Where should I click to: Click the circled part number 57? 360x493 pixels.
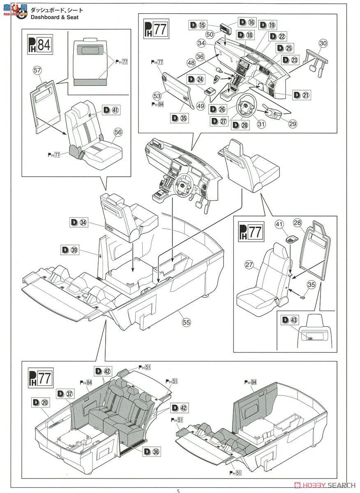(x=38, y=70)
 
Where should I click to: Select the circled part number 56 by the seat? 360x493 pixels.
(x=118, y=132)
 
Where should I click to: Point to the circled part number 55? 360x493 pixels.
(x=187, y=323)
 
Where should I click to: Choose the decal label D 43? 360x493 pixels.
(x=290, y=320)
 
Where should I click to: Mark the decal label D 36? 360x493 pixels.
(x=152, y=451)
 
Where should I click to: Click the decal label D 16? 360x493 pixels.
(x=246, y=22)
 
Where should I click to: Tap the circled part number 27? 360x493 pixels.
(x=249, y=265)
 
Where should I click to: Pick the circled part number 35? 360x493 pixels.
(x=311, y=284)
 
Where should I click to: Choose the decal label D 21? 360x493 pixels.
(x=301, y=95)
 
